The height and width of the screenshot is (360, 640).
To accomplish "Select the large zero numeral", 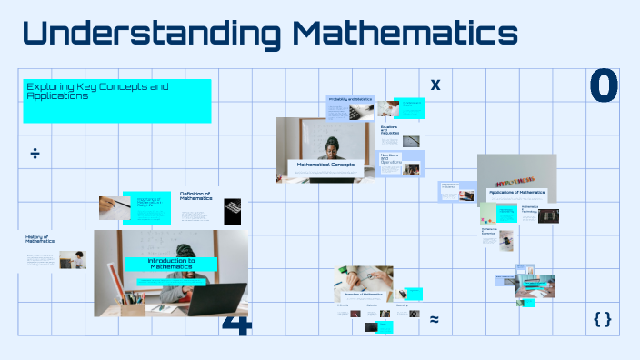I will (x=604, y=86).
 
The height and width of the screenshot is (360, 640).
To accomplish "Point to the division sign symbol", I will (x=35, y=153).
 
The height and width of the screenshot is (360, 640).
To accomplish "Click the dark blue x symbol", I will (x=435, y=85).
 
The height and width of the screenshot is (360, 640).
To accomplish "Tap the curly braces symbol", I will (x=601, y=319).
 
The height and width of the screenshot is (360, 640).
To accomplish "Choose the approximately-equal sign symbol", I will (x=435, y=319).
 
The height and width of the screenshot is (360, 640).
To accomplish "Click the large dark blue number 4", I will (x=236, y=325).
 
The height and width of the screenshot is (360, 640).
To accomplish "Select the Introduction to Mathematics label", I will (x=172, y=264).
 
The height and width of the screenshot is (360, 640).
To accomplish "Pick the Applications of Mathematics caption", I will (x=517, y=193).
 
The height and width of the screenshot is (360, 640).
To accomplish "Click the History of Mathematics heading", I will (x=40, y=240).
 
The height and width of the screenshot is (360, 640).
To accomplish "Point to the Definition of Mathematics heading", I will (x=195, y=195).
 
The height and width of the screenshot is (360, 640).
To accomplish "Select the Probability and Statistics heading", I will (x=350, y=99).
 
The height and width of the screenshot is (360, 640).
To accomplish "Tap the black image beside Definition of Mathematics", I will (x=233, y=211).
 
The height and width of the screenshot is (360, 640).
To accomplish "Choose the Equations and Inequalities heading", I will (x=389, y=130).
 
